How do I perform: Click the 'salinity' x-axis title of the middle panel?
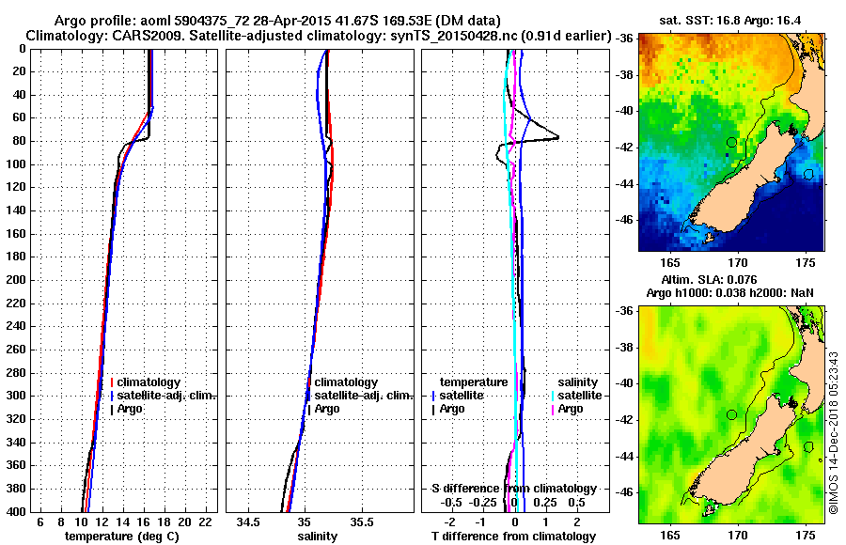[x=318, y=536]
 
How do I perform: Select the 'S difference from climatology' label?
[x=513, y=488]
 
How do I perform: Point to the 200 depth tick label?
[x=21, y=280]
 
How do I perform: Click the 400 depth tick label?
[x=21, y=511]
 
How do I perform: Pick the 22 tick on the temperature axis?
[x=203, y=521]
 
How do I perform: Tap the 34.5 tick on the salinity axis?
[x=249, y=521]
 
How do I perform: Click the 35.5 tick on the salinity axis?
[x=362, y=521]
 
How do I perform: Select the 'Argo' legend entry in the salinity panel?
[x=328, y=409]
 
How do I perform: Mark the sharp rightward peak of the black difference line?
[x=558, y=138]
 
